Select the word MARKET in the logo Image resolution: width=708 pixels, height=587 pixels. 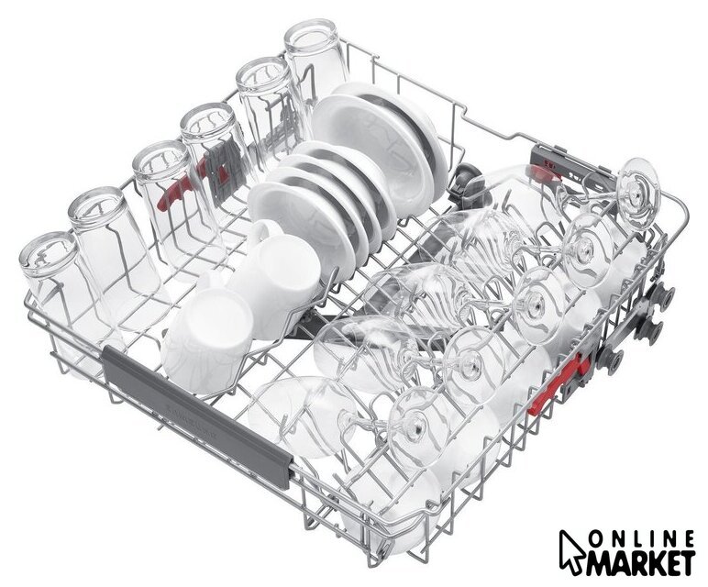pos(640,562)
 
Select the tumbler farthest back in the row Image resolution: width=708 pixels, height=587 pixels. pos(313,63)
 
